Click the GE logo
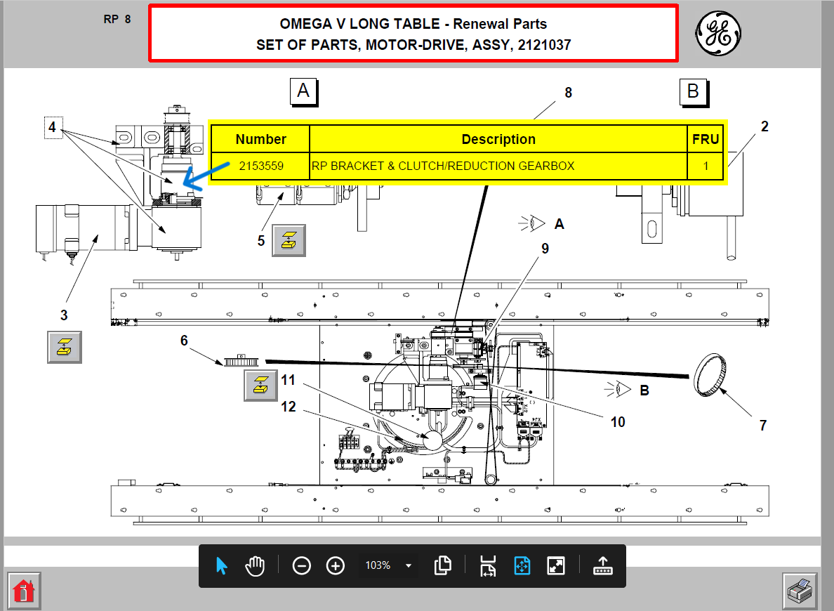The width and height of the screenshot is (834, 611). point(718,34)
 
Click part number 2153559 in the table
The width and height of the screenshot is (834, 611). point(261,166)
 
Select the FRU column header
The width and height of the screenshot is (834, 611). point(706,140)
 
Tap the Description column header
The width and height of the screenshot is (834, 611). point(498,140)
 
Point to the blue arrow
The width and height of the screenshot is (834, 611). point(206,176)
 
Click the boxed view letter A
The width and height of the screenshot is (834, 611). point(303,91)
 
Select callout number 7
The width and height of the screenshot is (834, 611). point(762,426)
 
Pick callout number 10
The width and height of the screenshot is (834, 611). point(618,422)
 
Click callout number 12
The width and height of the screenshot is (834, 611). point(289,407)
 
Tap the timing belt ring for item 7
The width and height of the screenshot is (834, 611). point(710,375)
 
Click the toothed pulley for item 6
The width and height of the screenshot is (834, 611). point(241,361)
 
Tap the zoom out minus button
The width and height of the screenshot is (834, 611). point(302,565)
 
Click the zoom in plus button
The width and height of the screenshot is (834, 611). point(335,565)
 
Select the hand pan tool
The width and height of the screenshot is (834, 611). point(256,565)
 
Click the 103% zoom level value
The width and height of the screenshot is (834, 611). point(378,565)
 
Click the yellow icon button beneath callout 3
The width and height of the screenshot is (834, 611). point(65,347)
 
